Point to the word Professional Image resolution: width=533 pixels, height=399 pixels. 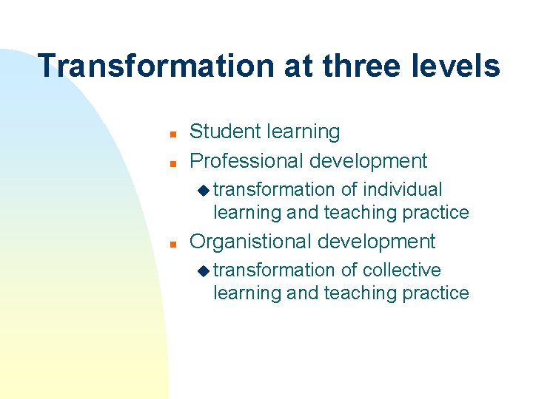(x=247, y=160)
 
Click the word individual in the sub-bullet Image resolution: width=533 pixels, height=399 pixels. (x=403, y=190)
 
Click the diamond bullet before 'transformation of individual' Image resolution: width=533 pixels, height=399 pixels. (x=204, y=191)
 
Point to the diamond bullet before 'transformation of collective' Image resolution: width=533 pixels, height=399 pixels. (x=204, y=271)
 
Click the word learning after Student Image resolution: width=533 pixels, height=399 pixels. (x=303, y=132)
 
